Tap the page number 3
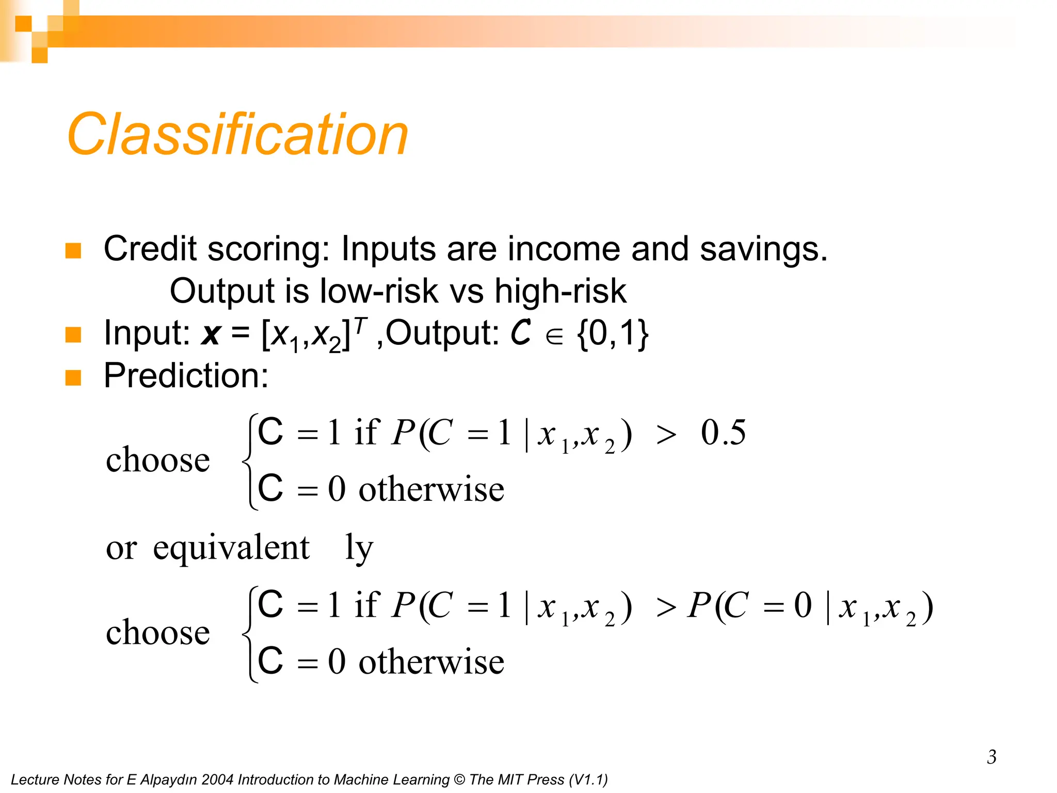pyautogui.click(x=991, y=757)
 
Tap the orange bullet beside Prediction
pyautogui.click(x=73, y=377)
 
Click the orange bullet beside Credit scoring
pyautogui.click(x=73, y=250)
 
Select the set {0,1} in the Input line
pyautogui.click(x=613, y=334)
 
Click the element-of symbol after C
pyautogui.click(x=554, y=337)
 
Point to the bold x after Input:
pyautogui.click(x=211, y=335)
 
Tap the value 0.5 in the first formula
pyautogui.click(x=723, y=433)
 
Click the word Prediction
pyautogui.click(x=186, y=375)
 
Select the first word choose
pyautogui.click(x=158, y=459)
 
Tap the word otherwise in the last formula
pyautogui.click(x=431, y=662)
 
